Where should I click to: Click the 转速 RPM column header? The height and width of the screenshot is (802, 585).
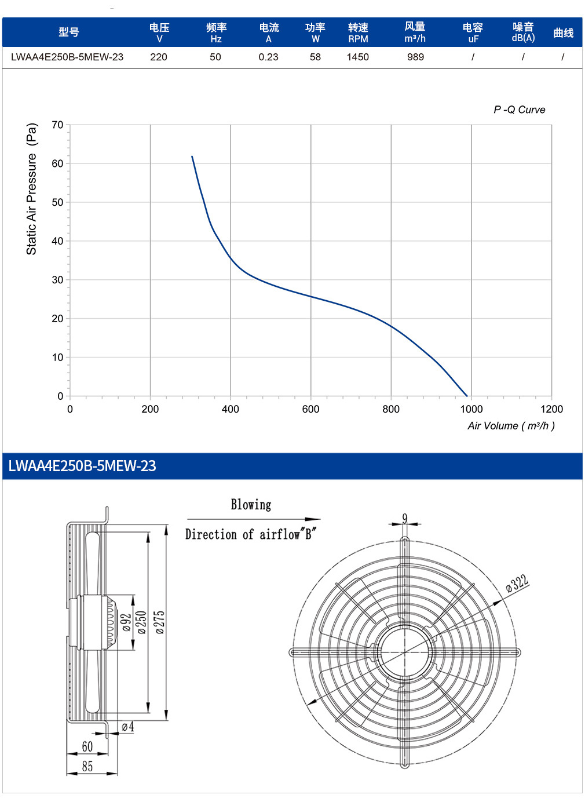pos(358,32)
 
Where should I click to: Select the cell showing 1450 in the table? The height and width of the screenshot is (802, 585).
pos(358,57)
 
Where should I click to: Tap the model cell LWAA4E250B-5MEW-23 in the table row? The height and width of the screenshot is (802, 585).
pos(67,57)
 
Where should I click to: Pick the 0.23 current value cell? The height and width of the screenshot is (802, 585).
pos(268,57)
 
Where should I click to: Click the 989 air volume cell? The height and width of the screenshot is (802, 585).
pos(415,57)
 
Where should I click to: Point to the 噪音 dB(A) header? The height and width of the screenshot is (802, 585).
pos(523,32)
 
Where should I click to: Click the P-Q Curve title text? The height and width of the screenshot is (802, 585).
pos(519,110)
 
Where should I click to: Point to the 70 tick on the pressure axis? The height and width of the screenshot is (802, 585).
pos(57,125)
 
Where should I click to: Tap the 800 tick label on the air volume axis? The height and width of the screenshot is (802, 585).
pos(391,409)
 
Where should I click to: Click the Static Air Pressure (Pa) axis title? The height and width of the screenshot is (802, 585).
pos(32,189)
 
